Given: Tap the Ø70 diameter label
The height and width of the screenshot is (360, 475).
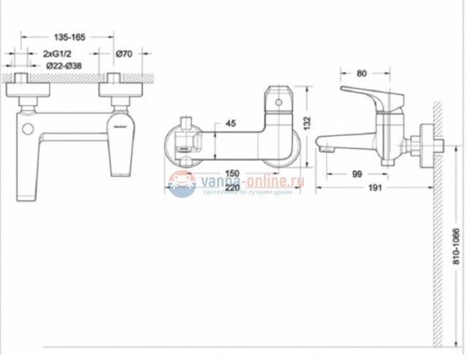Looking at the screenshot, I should [123, 54].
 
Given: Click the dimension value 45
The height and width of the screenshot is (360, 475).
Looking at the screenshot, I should [231, 124].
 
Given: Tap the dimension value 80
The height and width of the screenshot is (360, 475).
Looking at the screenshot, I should [361, 73].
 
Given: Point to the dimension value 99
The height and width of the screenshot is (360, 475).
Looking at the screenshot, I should [357, 173].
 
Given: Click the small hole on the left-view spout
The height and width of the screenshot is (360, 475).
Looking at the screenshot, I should [28, 130].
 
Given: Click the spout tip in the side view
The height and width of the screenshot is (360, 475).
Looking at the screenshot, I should [322, 148].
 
